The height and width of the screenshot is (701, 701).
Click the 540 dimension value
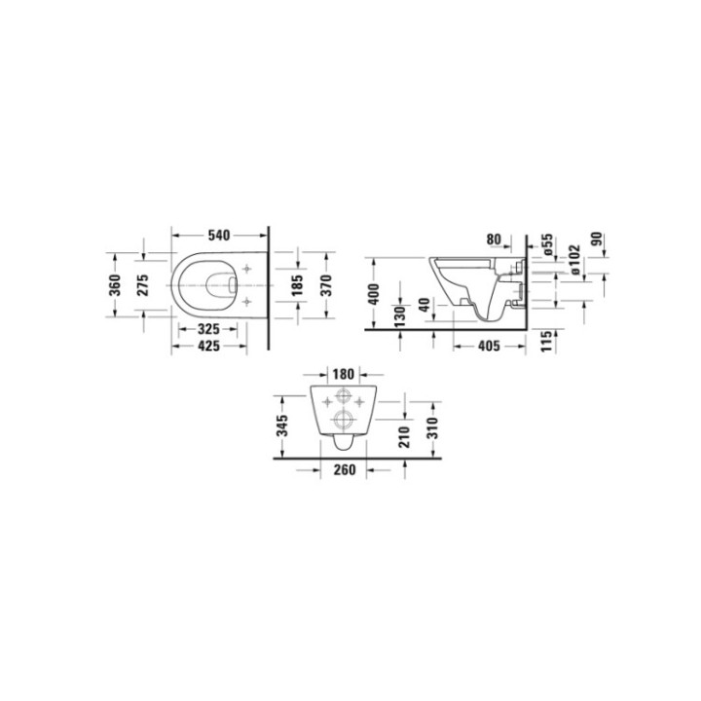(x=218, y=236)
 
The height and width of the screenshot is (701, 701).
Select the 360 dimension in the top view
(x=115, y=285)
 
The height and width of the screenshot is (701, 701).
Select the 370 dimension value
(x=328, y=285)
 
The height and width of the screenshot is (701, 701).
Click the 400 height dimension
(x=373, y=293)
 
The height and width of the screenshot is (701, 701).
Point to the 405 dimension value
(x=476, y=346)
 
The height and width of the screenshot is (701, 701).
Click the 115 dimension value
(x=547, y=340)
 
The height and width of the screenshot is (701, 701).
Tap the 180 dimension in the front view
(x=341, y=373)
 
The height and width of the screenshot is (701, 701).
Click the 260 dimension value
(x=341, y=470)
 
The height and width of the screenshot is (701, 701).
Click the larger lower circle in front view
(x=342, y=420)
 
